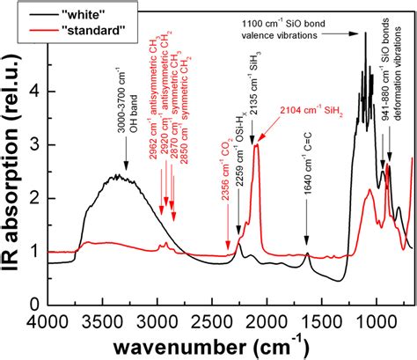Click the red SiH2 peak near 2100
257,147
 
